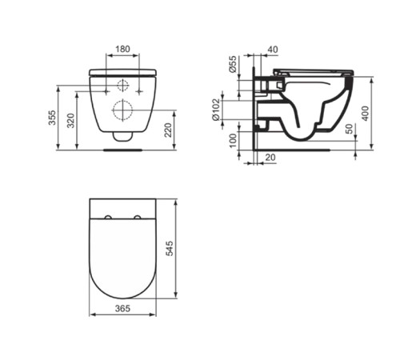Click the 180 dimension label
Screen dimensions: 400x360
(122, 49)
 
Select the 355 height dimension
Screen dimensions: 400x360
(52, 118)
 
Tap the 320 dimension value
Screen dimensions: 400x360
(70, 121)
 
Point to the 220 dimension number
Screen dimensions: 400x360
(168, 130)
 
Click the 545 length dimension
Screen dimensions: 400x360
(170, 249)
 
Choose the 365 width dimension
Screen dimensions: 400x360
(122, 309)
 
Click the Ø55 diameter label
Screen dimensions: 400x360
(233, 64)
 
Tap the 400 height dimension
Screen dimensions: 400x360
(366, 114)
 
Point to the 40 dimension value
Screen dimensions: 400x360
(273, 50)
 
